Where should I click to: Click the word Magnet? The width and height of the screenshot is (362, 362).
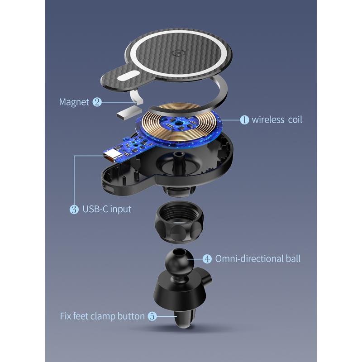click(x=74, y=102)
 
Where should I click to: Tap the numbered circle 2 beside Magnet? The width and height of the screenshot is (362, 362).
click(x=97, y=102)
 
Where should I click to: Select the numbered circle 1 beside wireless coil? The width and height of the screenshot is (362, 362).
click(x=244, y=120)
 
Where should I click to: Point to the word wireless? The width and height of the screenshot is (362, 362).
click(x=268, y=120)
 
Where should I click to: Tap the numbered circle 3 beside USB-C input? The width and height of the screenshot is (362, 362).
click(x=74, y=209)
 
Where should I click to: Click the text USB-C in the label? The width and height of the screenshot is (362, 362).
click(x=95, y=209)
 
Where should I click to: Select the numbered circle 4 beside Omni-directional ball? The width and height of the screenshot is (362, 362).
click(x=207, y=259)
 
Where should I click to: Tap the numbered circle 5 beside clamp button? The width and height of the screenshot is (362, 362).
click(x=152, y=316)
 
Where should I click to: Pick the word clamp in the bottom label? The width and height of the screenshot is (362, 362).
click(x=103, y=316)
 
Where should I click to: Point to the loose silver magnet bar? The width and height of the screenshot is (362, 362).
click(x=129, y=113)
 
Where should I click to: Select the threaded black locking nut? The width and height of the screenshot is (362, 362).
click(x=179, y=222)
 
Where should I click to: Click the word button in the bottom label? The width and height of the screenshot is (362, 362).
click(x=131, y=316)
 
